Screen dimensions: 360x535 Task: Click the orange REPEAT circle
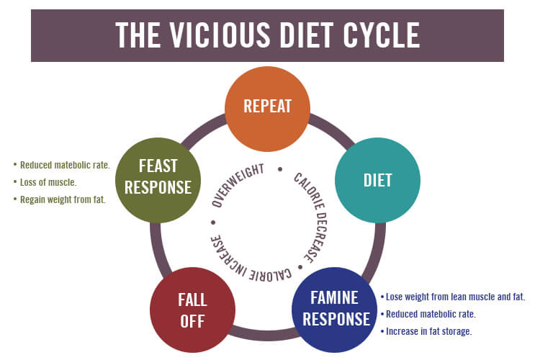267,106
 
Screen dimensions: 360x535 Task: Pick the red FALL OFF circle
192,310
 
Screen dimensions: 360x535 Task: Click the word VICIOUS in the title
217,35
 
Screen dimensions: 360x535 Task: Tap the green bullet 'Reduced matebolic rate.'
65,165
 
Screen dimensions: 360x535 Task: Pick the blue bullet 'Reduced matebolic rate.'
431,314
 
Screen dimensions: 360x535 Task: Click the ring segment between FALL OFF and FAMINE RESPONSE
263,335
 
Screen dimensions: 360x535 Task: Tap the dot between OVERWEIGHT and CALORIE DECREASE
279,170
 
